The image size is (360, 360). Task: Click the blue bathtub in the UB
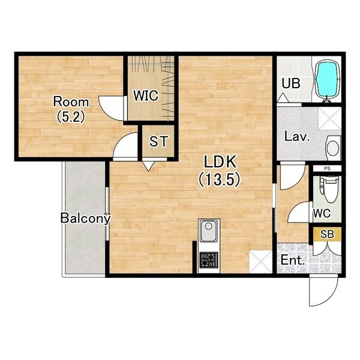click(328, 79)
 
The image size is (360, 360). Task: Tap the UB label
click(291, 83)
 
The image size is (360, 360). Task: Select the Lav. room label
click(297, 137)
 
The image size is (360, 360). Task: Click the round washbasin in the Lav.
click(333, 148)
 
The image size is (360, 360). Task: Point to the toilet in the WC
click(330, 189)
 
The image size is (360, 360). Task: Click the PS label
click(327, 169)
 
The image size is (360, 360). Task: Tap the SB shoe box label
click(327, 234)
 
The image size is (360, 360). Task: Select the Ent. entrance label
click(293, 260)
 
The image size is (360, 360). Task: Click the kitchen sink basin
click(208, 230)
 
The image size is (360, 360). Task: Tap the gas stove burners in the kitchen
click(209, 260)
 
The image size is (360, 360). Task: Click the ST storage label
click(158, 141)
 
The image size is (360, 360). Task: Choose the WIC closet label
click(146, 95)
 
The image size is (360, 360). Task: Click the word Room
click(71, 102)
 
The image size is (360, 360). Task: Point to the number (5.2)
click(71, 117)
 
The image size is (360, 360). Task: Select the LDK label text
click(220, 161)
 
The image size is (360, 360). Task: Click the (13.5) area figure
click(220, 179)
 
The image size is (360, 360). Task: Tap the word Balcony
click(85, 218)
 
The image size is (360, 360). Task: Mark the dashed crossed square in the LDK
click(260, 262)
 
